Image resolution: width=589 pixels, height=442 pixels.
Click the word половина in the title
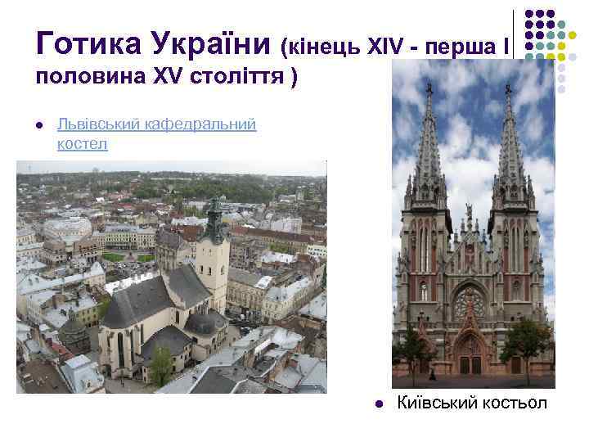(x=86, y=79)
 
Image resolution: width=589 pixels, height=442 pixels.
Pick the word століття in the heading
(x=238, y=79)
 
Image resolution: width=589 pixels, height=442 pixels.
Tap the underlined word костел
(x=82, y=144)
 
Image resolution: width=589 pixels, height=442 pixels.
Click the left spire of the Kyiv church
(x=429, y=123)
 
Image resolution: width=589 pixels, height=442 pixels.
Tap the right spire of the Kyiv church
(x=509, y=123)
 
